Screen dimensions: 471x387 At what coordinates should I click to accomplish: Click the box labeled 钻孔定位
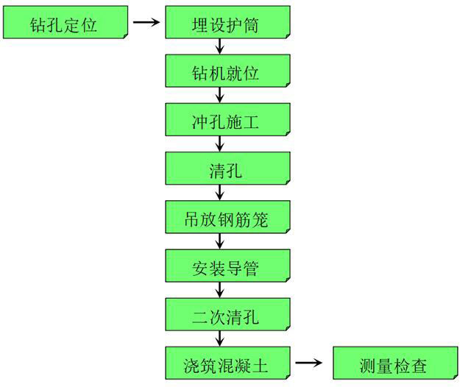click(x=65, y=22)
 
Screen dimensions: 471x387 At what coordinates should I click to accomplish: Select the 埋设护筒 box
click(x=227, y=22)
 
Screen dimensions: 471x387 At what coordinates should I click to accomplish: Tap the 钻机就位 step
click(x=227, y=71)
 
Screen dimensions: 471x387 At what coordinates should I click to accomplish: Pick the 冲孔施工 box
click(x=227, y=119)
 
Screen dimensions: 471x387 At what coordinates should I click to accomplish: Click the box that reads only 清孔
click(x=227, y=168)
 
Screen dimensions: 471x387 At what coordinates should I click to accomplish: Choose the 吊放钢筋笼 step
click(x=227, y=217)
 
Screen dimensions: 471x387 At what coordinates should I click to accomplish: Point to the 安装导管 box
click(x=227, y=266)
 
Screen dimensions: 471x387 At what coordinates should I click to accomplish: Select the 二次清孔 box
click(x=227, y=314)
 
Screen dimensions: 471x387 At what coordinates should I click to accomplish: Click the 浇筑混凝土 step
click(x=227, y=363)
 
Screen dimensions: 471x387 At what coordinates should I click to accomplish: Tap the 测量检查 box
click(x=396, y=363)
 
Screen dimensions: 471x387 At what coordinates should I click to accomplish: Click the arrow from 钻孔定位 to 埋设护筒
click(x=146, y=22)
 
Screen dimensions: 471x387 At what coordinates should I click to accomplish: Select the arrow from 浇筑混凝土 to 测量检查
click(x=309, y=363)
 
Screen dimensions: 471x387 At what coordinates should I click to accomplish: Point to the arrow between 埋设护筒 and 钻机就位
click(x=220, y=46)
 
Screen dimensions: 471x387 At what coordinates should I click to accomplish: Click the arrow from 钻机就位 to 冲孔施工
click(x=220, y=95)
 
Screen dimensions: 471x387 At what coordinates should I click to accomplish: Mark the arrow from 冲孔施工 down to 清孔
click(x=220, y=143)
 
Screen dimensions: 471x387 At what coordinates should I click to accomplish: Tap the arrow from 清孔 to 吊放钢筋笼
click(x=220, y=192)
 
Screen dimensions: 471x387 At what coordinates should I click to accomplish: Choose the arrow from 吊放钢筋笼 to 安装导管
click(x=220, y=241)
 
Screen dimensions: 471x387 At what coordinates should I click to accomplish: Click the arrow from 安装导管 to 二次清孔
click(x=220, y=290)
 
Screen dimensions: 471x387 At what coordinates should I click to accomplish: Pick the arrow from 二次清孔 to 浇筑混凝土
click(x=220, y=338)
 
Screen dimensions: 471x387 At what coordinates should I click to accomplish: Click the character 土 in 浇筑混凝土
click(x=260, y=366)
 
